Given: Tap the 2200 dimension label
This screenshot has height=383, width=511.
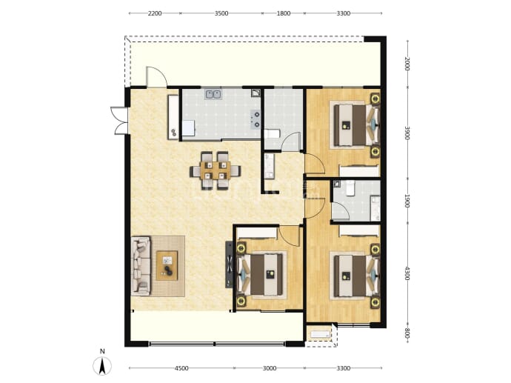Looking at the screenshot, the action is tap(155, 13).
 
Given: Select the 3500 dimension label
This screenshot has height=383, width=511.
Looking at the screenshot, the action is tap(221, 13).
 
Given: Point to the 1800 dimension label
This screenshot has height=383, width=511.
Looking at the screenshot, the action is tap(284, 13).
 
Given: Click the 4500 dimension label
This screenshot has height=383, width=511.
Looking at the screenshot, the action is tap(181, 368).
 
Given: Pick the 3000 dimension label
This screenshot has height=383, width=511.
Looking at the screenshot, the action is tap(270, 368).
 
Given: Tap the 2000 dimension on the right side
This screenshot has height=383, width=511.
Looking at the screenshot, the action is tap(407, 64).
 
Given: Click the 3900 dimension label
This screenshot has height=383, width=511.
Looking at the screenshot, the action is tap(407, 133).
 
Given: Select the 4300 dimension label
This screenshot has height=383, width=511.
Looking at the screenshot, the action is tap(407, 273).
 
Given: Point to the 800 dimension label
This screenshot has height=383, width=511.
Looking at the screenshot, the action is tap(407, 333).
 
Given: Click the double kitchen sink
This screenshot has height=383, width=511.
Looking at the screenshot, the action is tap(213, 94).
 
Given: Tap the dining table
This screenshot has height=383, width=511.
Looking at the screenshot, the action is tap(216, 170).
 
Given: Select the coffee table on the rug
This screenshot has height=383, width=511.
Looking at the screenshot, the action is tap(167, 265).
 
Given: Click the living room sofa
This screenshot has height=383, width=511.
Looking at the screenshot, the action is tap(141, 266).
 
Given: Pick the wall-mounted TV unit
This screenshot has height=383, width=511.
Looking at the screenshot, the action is tap(229, 264).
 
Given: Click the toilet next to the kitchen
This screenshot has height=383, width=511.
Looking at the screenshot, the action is tap(272, 134).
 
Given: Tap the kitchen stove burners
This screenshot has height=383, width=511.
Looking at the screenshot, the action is tap(255, 119).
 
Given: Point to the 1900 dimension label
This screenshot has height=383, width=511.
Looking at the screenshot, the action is tap(407, 201).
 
